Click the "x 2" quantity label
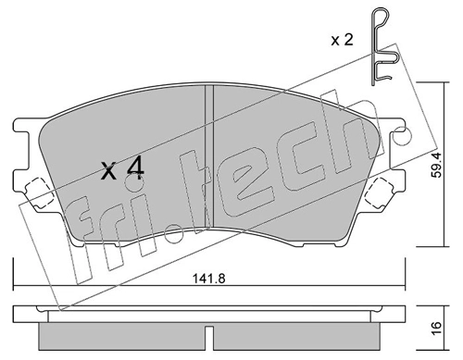(x=342, y=40)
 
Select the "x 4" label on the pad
(x=123, y=169)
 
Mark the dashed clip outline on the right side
(x=382, y=192)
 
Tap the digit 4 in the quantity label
(x=135, y=168)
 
